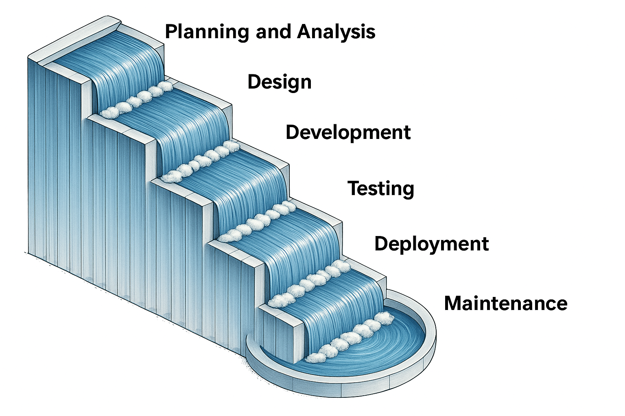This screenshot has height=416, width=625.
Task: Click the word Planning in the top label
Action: [x=207, y=32]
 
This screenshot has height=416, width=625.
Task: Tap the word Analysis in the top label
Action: [x=336, y=32]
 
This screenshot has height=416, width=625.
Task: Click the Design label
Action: [x=280, y=82]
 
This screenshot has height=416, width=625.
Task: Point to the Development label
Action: [x=348, y=132]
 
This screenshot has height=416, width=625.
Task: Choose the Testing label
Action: [x=381, y=188]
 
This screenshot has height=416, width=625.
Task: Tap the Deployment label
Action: [x=431, y=244]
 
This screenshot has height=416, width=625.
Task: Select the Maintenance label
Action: [x=505, y=303]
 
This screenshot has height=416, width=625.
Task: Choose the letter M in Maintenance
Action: [x=452, y=303]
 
